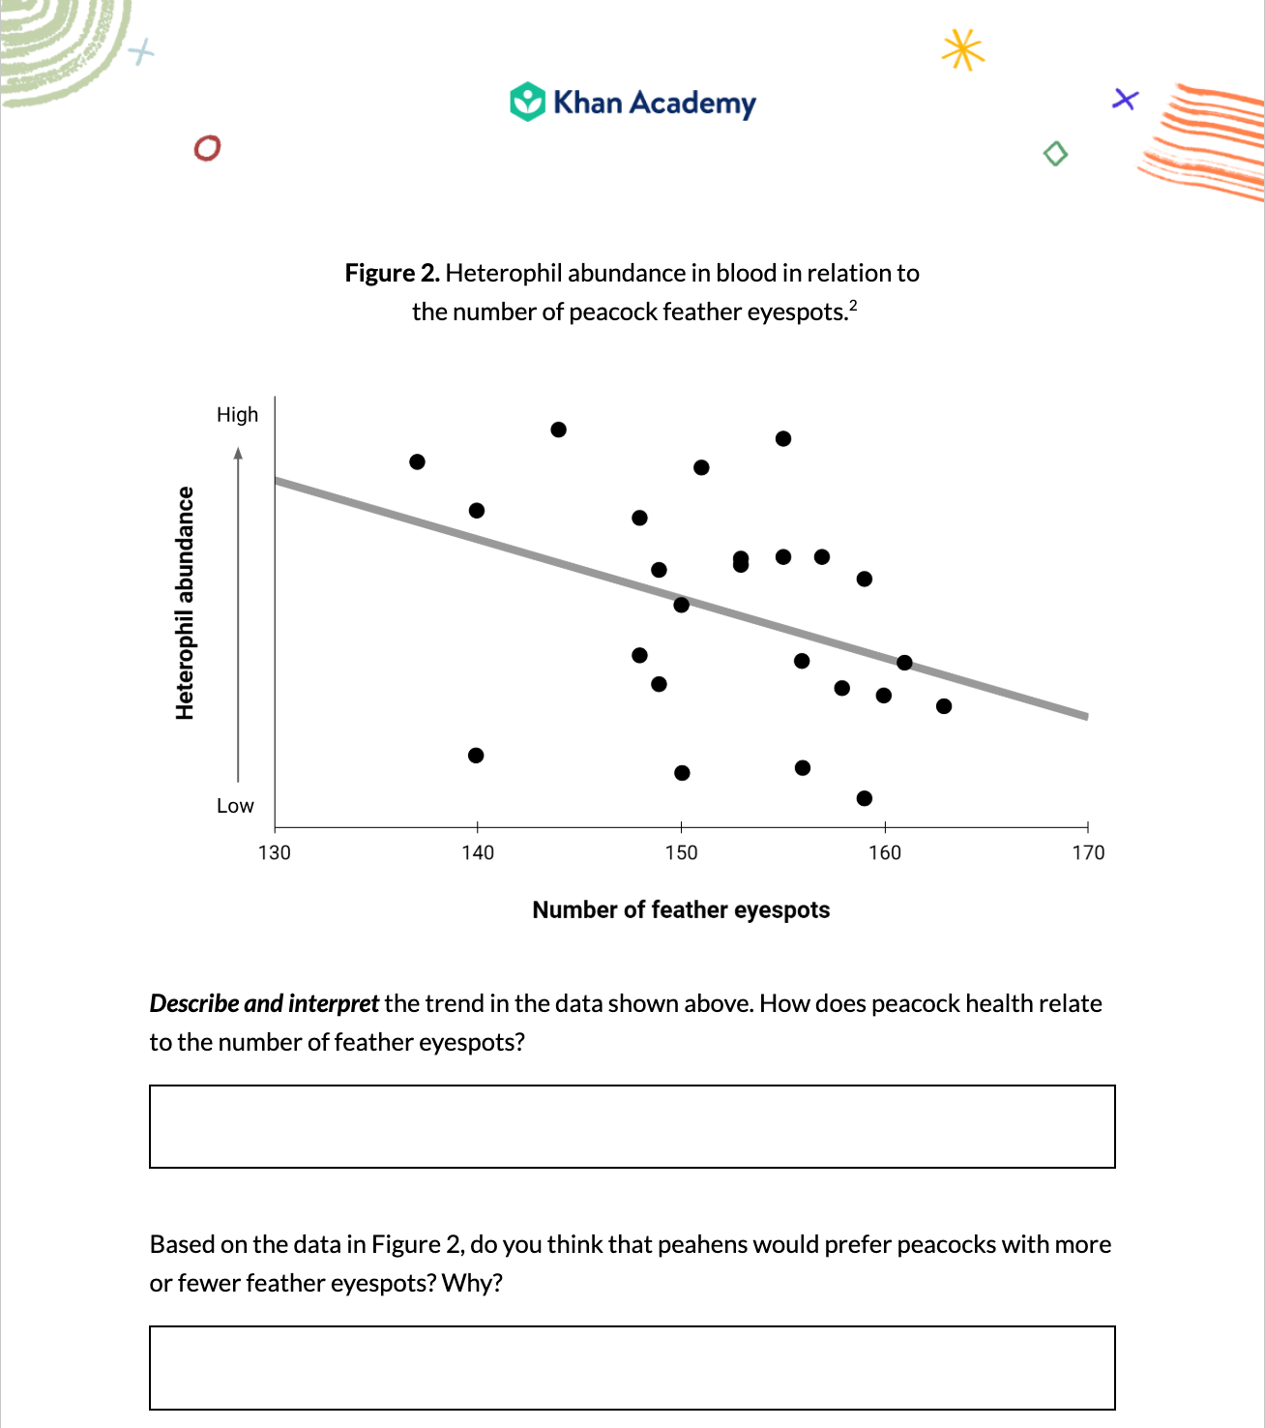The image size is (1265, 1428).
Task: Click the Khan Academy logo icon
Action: [x=528, y=102]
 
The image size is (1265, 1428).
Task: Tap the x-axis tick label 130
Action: [x=275, y=852]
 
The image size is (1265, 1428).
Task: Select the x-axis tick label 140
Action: [x=478, y=852]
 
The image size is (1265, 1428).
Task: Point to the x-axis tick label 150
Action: [x=681, y=852]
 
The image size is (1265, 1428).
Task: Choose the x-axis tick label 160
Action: [x=885, y=852]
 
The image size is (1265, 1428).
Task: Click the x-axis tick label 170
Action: [x=1088, y=852]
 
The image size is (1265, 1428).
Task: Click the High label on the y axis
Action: [x=237, y=415]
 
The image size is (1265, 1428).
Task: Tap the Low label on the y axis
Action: [x=235, y=806]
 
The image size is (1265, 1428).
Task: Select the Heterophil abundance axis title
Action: [x=185, y=603]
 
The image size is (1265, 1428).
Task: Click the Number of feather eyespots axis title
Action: [x=681, y=910]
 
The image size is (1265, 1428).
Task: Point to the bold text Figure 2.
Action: [x=392, y=274]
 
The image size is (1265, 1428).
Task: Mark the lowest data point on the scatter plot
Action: [x=865, y=798]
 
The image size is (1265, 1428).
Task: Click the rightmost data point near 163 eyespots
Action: [x=944, y=706]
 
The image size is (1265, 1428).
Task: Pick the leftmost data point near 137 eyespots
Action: [x=417, y=461]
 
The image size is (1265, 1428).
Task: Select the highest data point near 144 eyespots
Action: [x=558, y=430]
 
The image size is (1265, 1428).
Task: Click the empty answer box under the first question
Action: [x=632, y=1126]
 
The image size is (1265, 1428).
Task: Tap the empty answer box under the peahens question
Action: [x=632, y=1367]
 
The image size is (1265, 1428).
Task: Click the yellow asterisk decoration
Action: [x=962, y=49]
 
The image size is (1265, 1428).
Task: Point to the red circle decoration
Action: [x=207, y=148]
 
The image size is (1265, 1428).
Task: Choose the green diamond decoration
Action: [x=1055, y=154]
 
